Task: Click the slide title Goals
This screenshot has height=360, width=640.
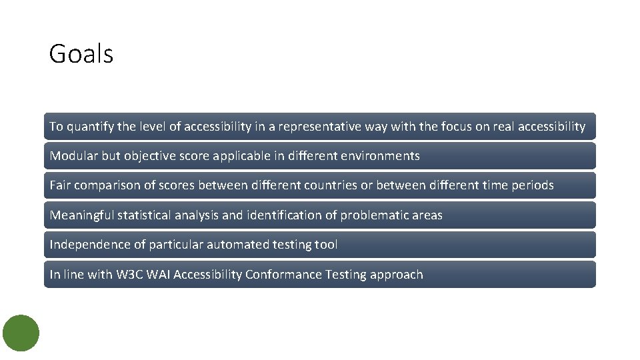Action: pyautogui.click(x=81, y=54)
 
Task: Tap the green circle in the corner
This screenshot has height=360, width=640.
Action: pyautogui.click(x=21, y=333)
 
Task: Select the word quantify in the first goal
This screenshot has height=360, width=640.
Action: pyautogui.click(x=89, y=127)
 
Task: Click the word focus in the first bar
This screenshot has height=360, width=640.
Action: pyautogui.click(x=456, y=127)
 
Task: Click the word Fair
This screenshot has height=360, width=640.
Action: pyautogui.click(x=60, y=185)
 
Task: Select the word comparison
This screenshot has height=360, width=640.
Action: pyautogui.click(x=106, y=185)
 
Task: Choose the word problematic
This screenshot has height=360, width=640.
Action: pyautogui.click(x=375, y=215)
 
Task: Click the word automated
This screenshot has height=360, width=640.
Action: pyautogui.click(x=238, y=245)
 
